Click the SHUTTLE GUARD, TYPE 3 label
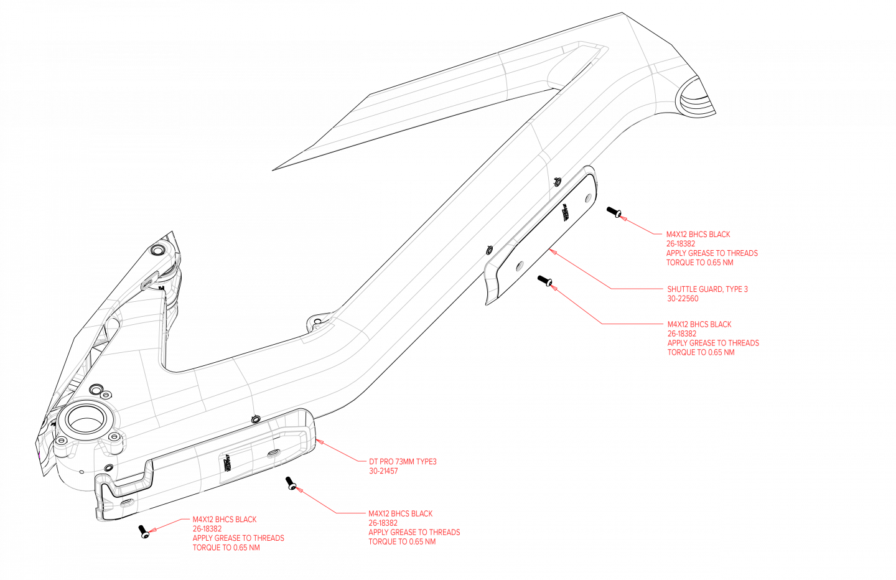tap(707, 289)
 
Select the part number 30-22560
tap(683, 299)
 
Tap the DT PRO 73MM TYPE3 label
tap(403, 462)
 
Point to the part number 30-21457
tap(383, 471)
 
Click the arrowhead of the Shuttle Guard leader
tap(551, 250)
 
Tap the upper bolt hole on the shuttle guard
tap(588, 198)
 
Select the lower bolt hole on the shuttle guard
tap(518, 266)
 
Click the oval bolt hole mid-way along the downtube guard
tap(273, 454)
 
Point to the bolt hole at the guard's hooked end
tap(126, 502)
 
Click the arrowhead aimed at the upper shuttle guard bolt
tap(622, 218)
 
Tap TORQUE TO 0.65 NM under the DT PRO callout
tap(401, 542)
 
